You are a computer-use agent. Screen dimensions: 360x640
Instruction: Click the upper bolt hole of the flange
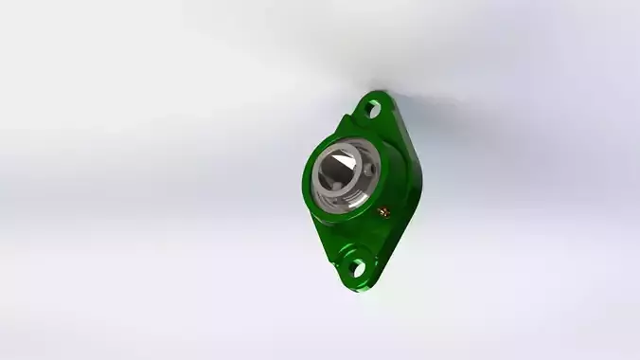click(x=373, y=110)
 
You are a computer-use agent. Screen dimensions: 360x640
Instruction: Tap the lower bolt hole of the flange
click(x=357, y=267)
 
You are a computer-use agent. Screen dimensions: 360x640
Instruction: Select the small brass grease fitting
click(x=383, y=211)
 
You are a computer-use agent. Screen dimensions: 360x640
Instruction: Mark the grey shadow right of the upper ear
click(x=417, y=104)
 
